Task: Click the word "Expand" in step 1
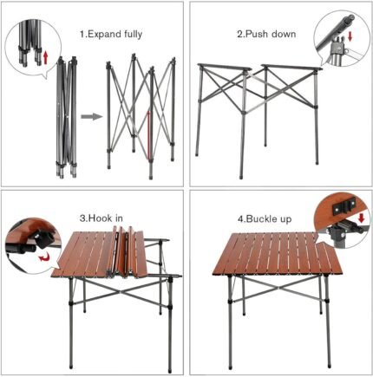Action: coord(103,35)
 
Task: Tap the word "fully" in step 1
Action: coord(133,35)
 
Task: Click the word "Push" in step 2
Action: coord(257,34)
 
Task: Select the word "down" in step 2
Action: coord(284,34)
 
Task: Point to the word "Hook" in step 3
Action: coord(101,218)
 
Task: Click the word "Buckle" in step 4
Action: coord(260,219)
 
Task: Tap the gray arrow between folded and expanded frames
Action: coord(91,117)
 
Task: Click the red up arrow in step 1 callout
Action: coord(45,58)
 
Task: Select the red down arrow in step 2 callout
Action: coord(350,36)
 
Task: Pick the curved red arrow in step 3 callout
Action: coord(44,256)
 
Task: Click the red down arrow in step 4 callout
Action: coord(361,218)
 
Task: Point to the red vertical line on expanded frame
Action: coord(149,135)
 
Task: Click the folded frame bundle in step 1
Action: coord(66,117)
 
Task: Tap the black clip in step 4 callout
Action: coord(344,207)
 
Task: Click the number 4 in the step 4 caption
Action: coord(240,219)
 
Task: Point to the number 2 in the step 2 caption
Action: coord(240,34)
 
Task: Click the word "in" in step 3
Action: coord(119,218)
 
